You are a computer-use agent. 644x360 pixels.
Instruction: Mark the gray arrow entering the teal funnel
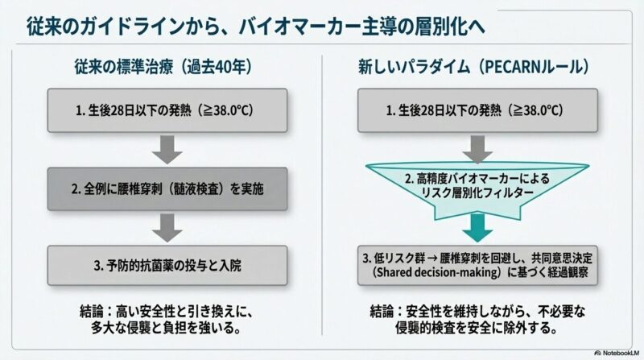(477, 147)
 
